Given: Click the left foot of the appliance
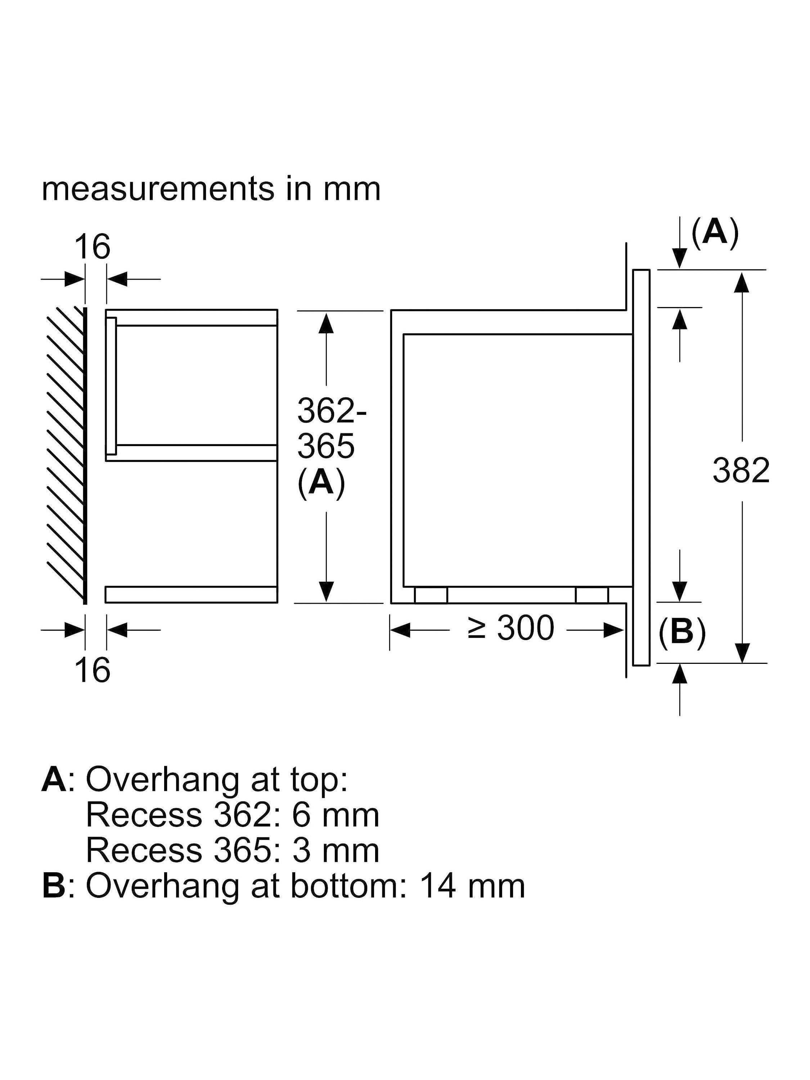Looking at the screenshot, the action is coord(431,595).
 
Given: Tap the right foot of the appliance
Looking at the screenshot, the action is coord(592,595).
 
